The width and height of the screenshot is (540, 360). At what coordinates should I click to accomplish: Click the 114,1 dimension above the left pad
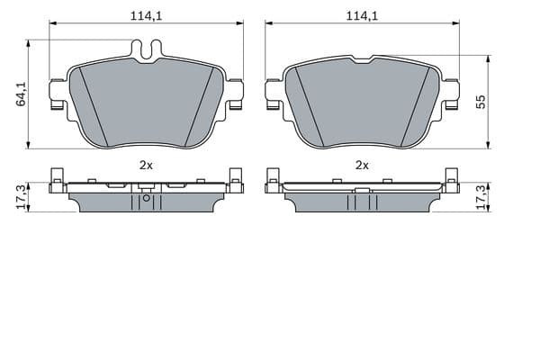coord(146,16)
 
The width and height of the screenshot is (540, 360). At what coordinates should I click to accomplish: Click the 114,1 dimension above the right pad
coord(362,16)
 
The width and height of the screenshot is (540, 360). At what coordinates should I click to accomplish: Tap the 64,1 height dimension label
coord(22,94)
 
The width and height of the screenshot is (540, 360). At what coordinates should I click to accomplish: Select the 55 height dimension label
coord(481,102)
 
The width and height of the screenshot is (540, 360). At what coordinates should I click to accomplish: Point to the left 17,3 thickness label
coord(22,197)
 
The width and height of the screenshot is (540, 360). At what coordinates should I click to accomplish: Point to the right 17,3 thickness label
coord(481,197)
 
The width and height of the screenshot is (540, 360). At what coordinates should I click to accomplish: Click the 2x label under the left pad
coord(146,166)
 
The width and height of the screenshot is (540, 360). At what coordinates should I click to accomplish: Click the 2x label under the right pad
coord(362,166)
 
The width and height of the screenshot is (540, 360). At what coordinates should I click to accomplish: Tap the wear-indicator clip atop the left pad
coord(147,51)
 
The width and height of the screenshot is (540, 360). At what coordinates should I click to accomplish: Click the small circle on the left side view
coord(147,198)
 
